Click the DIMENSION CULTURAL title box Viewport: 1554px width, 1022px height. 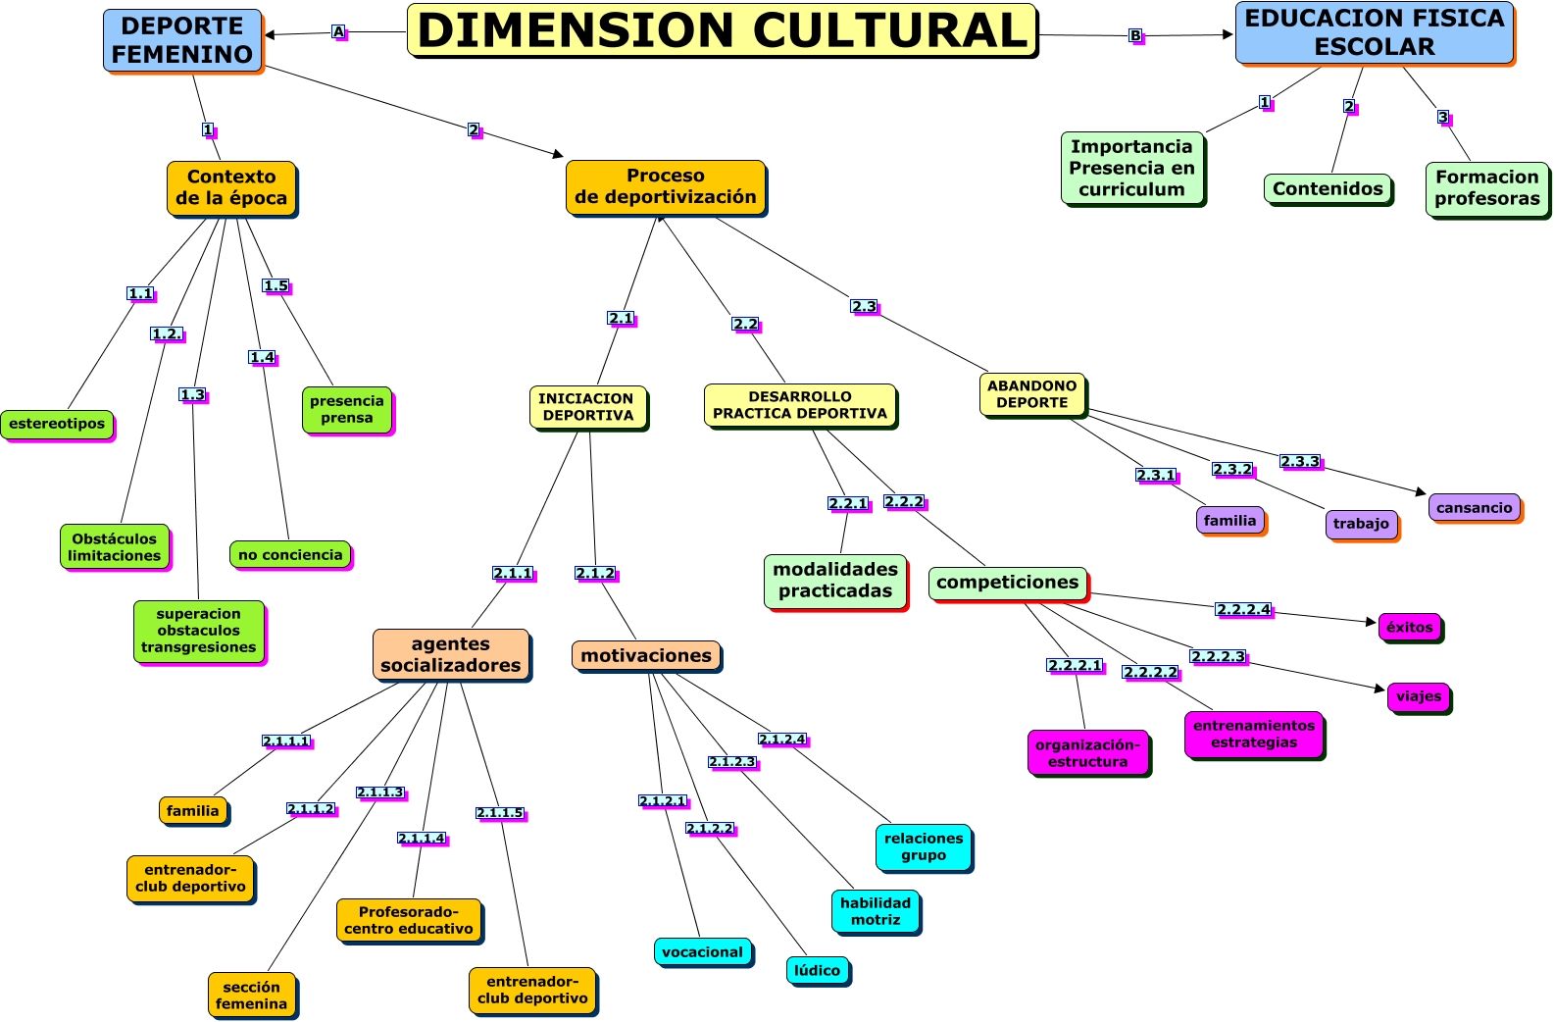722,30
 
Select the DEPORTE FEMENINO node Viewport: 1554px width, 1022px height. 182,40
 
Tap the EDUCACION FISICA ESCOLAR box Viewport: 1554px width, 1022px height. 1374,32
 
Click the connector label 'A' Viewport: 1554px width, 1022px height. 338,32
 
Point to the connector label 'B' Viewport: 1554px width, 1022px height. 1135,36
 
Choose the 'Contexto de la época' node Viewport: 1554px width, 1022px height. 231,187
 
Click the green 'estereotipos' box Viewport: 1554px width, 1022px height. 57,424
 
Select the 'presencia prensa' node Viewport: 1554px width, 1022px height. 346,409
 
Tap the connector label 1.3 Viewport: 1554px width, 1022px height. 192,395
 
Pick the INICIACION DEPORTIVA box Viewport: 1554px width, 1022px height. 587,407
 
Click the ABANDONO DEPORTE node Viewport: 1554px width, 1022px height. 1031,394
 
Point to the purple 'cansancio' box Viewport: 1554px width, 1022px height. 1474,507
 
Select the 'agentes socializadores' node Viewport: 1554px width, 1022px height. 451,654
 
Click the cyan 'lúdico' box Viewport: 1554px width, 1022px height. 817,970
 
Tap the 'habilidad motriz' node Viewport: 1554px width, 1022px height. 875,911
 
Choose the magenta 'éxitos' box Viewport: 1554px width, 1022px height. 1409,627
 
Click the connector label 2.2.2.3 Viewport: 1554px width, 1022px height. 1218,657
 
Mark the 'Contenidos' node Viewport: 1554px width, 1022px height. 1328,188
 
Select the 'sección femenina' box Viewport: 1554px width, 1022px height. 251,995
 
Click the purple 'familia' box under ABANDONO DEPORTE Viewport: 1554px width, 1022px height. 1229,521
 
